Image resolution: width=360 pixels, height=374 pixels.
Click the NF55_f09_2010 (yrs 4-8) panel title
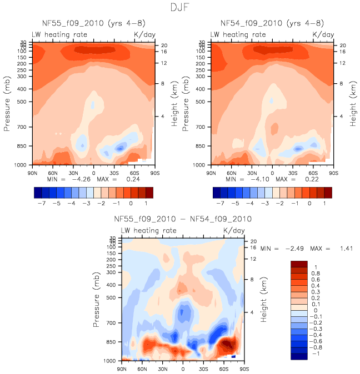(x=93, y=23)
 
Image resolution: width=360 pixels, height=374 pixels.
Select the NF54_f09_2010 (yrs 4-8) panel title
(x=272, y=23)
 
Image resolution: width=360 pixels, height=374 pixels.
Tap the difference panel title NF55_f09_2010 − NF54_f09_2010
(x=183, y=219)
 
